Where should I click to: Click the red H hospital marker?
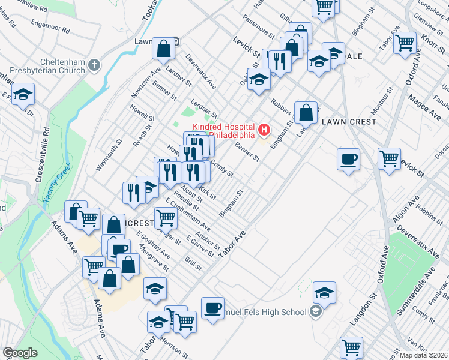click(263, 129)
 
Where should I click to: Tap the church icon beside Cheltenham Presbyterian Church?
click(94, 64)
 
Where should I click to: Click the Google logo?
click(20, 353)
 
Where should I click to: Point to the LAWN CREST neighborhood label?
click(349, 121)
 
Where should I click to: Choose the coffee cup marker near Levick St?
click(348, 160)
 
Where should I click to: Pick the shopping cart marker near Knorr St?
click(406, 43)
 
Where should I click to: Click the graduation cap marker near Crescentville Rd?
click(23, 94)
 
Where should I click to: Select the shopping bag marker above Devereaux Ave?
click(163, 49)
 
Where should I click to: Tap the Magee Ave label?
click(420, 94)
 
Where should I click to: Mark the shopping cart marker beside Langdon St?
click(351, 347)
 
